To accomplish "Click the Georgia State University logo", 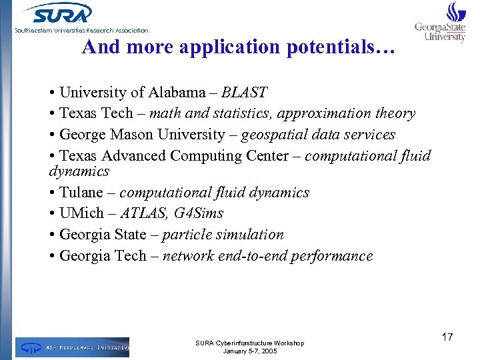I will [x=441, y=23].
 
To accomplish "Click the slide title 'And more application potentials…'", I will [x=239, y=47].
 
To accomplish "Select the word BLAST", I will [x=245, y=92].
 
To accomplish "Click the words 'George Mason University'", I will [x=142, y=135].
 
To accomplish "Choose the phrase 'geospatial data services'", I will [x=318, y=135].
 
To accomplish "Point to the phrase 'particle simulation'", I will [x=223, y=235].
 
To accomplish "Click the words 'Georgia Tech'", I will [x=98, y=256].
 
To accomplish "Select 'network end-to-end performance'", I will [x=267, y=256].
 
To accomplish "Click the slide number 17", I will [x=447, y=337].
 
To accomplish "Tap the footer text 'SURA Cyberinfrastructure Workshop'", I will [x=249, y=343].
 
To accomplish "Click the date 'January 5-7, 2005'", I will [x=249, y=351].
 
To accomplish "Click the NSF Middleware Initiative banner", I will [x=72, y=347].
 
